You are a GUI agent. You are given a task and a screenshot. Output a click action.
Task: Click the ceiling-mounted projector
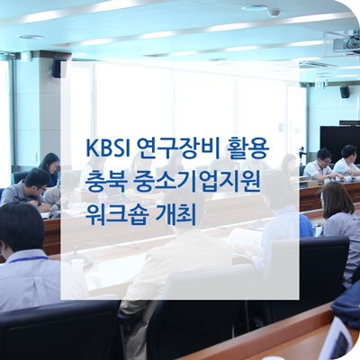345,44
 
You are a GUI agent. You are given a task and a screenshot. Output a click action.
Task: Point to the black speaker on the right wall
345,92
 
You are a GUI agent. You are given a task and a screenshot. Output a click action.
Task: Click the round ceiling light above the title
255,7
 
